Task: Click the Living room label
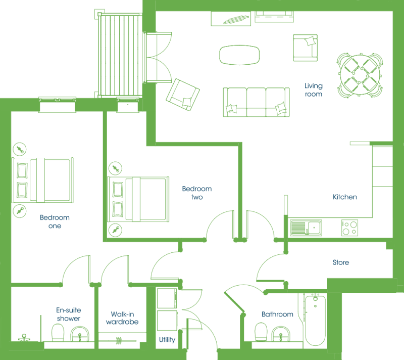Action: click(x=313, y=89)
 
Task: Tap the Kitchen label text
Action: click(x=345, y=197)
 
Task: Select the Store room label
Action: click(x=340, y=262)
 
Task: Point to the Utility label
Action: click(x=167, y=340)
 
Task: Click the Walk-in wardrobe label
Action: click(x=122, y=318)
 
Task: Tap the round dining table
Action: click(x=360, y=75)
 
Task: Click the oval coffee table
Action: click(x=239, y=55)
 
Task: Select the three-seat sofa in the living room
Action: click(x=256, y=102)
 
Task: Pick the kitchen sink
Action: click(x=306, y=228)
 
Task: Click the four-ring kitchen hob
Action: click(x=349, y=228)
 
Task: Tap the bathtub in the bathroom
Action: click(x=315, y=320)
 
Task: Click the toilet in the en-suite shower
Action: click(x=58, y=333)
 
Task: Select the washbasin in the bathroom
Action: click(x=281, y=334)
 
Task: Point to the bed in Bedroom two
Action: click(x=138, y=199)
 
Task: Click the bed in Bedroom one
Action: click(x=43, y=180)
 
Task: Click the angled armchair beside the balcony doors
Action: click(x=183, y=95)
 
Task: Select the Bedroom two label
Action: click(x=197, y=193)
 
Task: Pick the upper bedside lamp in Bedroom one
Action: click(x=20, y=149)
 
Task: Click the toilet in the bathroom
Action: click(x=261, y=332)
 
